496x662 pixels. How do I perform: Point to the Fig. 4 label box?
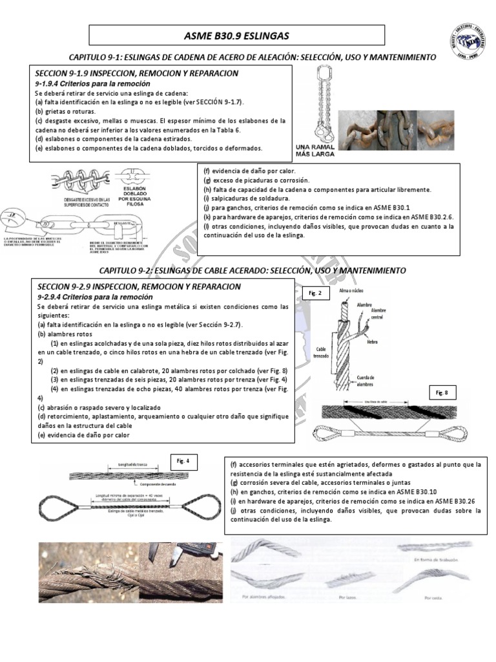[x=183, y=462]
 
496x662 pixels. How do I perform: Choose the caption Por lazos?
[x=347, y=597]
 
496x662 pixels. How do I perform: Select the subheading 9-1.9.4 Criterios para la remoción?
[x=92, y=84]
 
